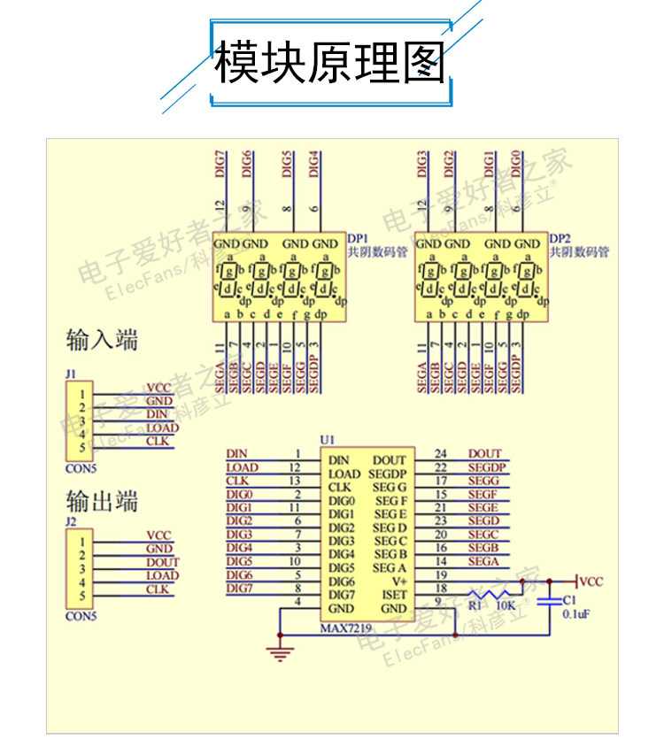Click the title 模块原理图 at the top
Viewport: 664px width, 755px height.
point(331,63)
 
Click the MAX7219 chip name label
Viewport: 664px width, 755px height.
point(346,627)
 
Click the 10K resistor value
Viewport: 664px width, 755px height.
point(506,607)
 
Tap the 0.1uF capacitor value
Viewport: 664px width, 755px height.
point(576,612)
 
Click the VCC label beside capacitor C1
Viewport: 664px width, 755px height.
point(591,582)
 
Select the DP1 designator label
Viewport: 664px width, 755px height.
point(357,238)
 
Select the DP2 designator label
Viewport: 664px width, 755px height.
point(560,238)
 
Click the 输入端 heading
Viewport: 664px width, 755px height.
point(102,340)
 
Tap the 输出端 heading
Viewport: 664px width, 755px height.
point(102,501)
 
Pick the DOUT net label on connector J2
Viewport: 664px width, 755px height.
point(162,562)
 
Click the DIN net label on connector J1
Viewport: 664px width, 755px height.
point(157,414)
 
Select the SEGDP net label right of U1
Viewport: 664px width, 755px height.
point(486,467)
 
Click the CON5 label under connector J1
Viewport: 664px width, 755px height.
point(81,466)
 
